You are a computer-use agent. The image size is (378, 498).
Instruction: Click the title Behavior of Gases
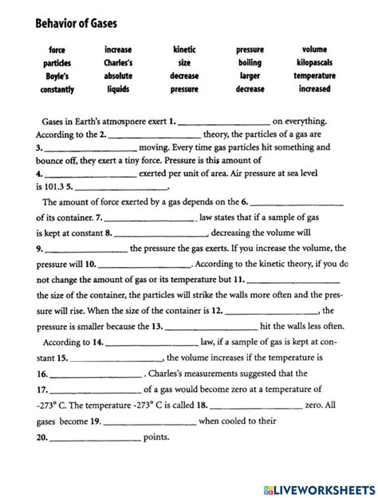[x=65, y=23]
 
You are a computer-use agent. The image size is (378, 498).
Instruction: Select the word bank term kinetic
[x=184, y=49]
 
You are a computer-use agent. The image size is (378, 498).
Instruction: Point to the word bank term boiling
[x=250, y=62]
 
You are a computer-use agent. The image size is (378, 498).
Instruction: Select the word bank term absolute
[x=118, y=76]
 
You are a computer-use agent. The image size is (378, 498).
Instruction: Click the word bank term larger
[x=250, y=76]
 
